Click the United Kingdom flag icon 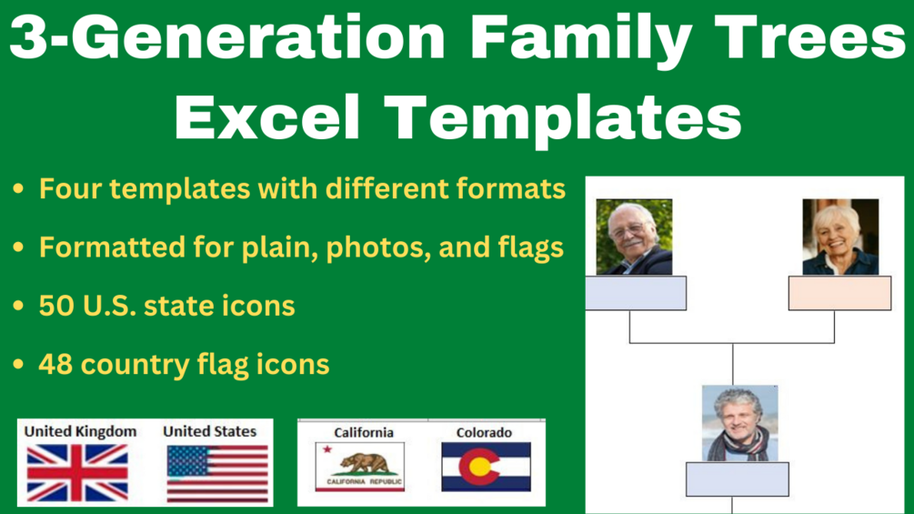click(x=77, y=473)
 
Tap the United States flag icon click(x=217, y=474)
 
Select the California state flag click(x=359, y=467)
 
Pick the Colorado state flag click(x=487, y=467)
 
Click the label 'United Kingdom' click(x=80, y=431)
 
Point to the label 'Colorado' click(x=484, y=432)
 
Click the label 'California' click(x=364, y=432)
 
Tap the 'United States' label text click(x=210, y=431)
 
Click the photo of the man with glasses click(x=634, y=237)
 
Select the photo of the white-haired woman click(x=840, y=237)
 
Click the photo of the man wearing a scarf click(x=739, y=424)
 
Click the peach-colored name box click(x=840, y=293)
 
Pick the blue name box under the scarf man click(x=738, y=479)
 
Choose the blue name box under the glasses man click(x=636, y=293)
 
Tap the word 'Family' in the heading click(x=580, y=38)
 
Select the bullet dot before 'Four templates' click(x=19, y=189)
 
